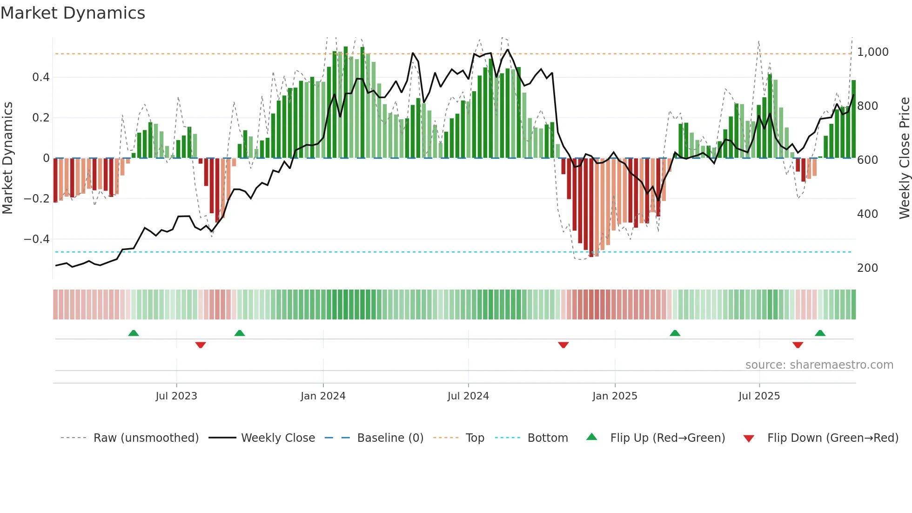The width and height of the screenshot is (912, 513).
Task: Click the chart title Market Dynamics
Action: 73,13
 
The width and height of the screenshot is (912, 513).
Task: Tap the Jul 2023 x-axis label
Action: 176,396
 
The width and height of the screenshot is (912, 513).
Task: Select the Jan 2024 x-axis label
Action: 323,396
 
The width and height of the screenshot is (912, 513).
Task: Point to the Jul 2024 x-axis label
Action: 468,396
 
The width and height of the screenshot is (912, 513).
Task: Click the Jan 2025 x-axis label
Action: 615,396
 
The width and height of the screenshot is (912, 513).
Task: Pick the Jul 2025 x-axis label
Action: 759,396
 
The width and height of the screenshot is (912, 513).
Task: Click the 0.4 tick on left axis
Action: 41,77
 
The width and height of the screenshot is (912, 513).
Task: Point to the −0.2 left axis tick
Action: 37,199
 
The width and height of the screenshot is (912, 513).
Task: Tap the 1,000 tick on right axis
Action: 873,52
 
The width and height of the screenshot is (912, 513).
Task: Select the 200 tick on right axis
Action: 867,268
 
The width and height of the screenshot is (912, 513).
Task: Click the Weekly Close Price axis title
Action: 904,158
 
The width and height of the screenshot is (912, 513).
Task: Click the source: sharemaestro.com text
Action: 819,365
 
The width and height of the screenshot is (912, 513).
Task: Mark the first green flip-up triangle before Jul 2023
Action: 134,333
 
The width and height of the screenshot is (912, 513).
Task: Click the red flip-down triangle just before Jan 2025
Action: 563,345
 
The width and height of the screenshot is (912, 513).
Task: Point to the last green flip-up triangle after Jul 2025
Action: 820,333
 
